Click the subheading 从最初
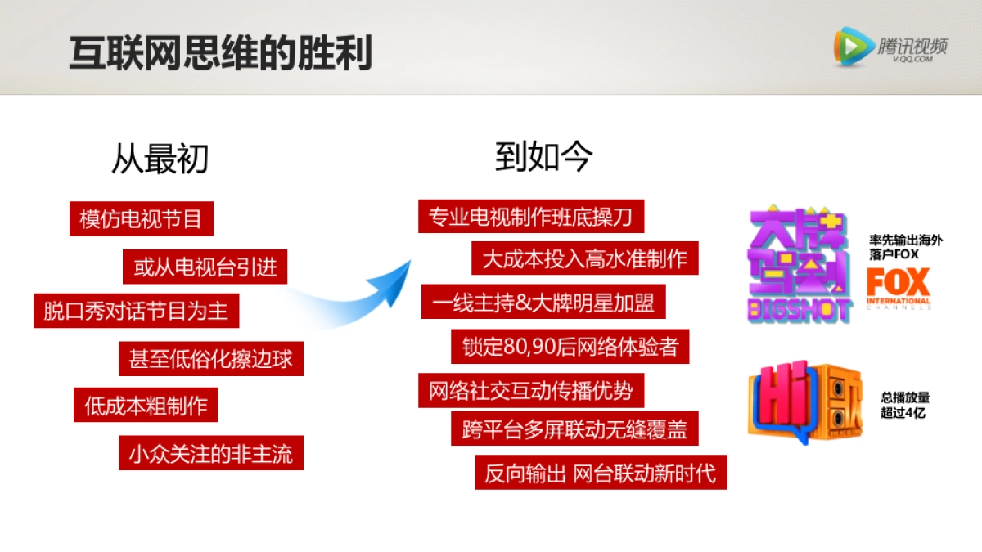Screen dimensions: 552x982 pyautogui.click(x=160, y=159)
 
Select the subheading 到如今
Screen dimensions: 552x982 pyautogui.click(x=543, y=157)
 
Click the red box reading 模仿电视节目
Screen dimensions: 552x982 pyautogui.click(x=141, y=218)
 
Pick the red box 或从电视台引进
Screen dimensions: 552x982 pyautogui.click(x=205, y=267)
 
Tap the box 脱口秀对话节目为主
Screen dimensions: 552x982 pyautogui.click(x=136, y=311)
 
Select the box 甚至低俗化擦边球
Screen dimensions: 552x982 pyautogui.click(x=211, y=358)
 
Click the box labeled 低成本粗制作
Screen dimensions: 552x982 pyautogui.click(x=146, y=405)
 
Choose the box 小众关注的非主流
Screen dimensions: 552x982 pyautogui.click(x=211, y=452)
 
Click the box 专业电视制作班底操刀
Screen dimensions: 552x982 pyautogui.click(x=530, y=217)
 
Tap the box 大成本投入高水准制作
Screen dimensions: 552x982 pyautogui.click(x=584, y=258)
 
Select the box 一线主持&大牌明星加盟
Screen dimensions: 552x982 pyautogui.click(x=543, y=302)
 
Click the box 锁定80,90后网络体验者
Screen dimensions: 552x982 pyautogui.click(x=570, y=346)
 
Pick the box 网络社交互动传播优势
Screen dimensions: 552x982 pyautogui.click(x=530, y=390)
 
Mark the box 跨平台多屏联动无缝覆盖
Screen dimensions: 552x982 pyautogui.click(x=574, y=428)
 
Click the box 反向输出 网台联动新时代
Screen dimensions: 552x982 pyautogui.click(x=600, y=473)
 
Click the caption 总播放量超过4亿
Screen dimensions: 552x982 pyautogui.click(x=904, y=405)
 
